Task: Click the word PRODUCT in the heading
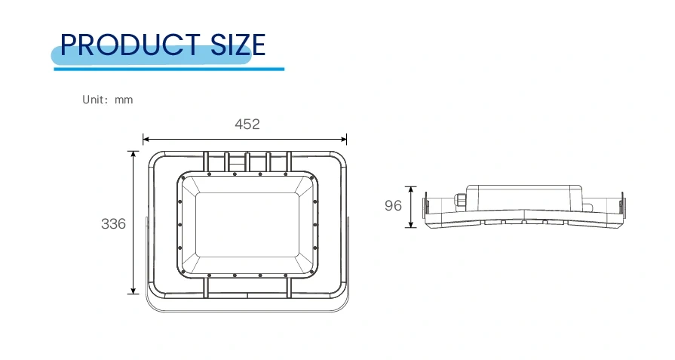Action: tap(130, 45)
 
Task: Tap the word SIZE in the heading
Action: tap(238, 45)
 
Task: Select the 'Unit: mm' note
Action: tap(108, 100)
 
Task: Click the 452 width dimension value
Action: tap(247, 124)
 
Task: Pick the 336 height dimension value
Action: tap(113, 224)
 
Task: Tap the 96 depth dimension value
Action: tap(393, 206)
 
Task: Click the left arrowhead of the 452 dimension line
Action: tap(146, 139)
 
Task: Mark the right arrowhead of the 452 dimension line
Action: tap(343, 139)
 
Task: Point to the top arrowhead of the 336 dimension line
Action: tap(133, 155)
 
